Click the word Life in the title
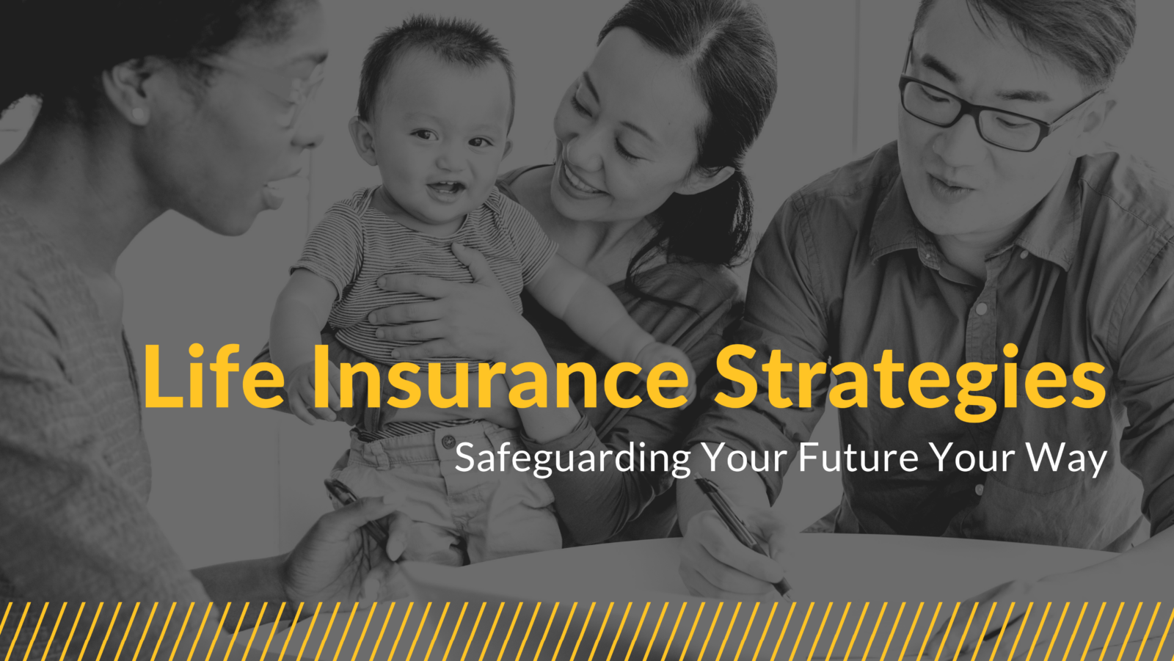click(214, 376)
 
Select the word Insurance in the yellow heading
click(500, 376)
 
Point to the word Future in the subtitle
click(858, 458)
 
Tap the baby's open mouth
click(446, 188)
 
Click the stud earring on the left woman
click(138, 114)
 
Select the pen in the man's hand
click(744, 535)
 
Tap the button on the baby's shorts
click(448, 442)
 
